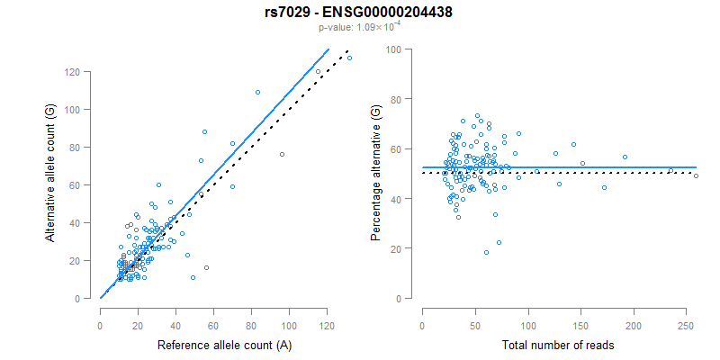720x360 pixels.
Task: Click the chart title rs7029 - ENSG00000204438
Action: click(359, 13)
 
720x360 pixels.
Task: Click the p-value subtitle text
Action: click(359, 28)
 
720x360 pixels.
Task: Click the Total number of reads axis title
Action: click(554, 346)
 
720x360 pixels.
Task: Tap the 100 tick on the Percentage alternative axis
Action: click(392, 49)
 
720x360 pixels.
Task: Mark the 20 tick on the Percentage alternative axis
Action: click(396, 247)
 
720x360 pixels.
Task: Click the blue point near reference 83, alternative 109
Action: click(257, 92)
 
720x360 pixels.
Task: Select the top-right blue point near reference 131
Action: click(349, 58)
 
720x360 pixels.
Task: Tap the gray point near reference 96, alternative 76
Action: click(282, 154)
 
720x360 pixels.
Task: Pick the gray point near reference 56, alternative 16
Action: click(206, 267)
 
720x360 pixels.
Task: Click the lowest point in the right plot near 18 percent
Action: click(486, 253)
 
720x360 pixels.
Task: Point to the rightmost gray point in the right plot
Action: click(696, 175)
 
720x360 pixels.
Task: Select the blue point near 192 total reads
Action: click(625, 157)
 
